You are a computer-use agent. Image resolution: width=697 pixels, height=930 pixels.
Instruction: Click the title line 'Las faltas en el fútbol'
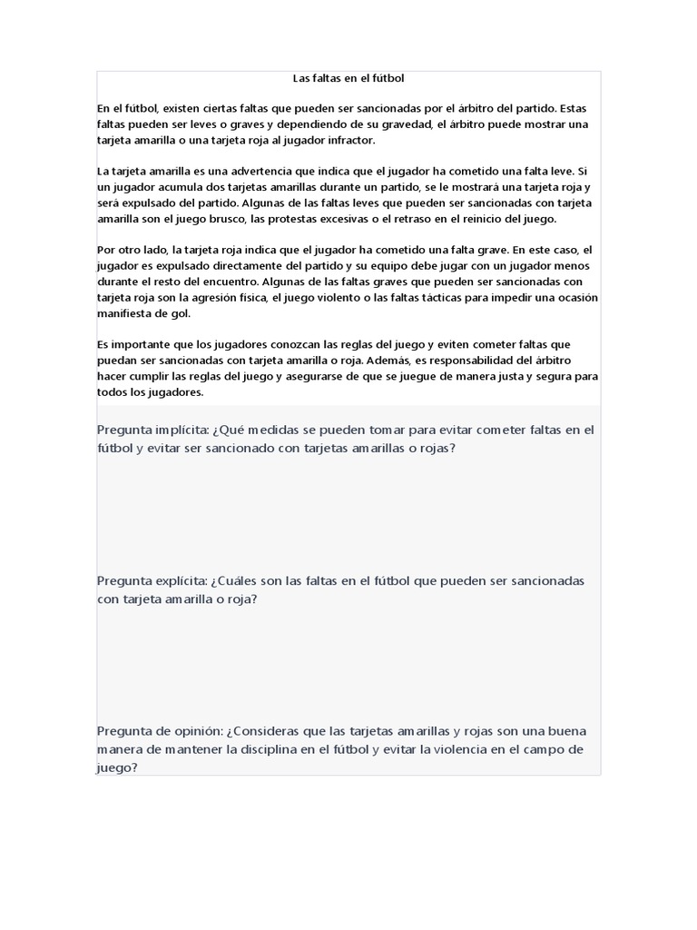click(348, 79)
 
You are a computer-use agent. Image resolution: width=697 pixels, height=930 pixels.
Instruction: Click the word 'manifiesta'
click(126, 313)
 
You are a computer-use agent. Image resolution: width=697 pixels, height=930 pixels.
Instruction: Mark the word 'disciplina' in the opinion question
click(282, 749)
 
